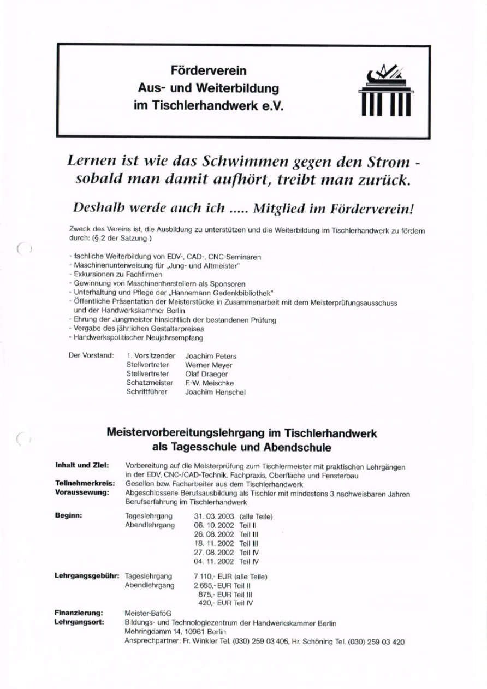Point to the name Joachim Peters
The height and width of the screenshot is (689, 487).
pyautogui.click(x=211, y=356)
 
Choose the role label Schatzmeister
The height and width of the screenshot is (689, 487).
pyautogui.click(x=149, y=383)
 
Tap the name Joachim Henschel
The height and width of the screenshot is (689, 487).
pyautogui.click(x=215, y=392)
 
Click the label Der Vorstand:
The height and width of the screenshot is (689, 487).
pyautogui.click(x=91, y=356)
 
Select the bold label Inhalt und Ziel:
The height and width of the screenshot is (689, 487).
pyautogui.click(x=82, y=466)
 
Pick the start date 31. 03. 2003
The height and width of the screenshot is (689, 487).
pyautogui.click(x=214, y=516)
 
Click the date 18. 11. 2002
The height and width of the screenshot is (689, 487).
pyautogui.click(x=214, y=543)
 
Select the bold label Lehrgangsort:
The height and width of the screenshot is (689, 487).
pyautogui.click(x=80, y=622)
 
